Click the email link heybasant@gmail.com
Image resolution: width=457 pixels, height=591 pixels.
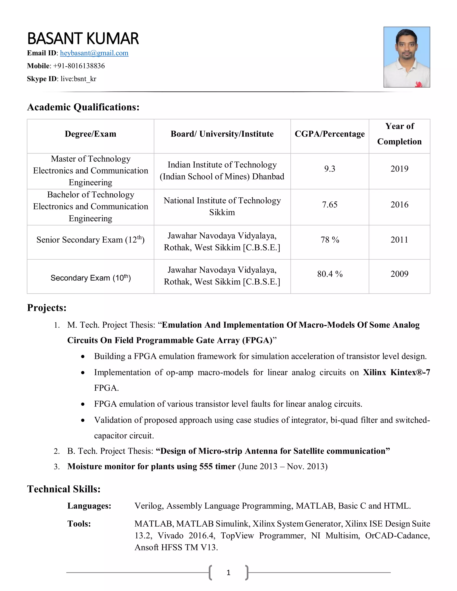click(94, 53)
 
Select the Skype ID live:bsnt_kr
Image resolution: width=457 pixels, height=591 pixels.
click(78, 79)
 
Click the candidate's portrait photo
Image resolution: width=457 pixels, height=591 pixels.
click(406, 57)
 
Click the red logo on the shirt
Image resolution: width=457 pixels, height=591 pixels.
click(419, 84)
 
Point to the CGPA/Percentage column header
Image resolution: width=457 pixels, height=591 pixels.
click(330, 134)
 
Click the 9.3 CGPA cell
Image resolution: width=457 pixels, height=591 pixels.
click(330, 169)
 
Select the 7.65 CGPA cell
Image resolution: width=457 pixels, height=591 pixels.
click(330, 205)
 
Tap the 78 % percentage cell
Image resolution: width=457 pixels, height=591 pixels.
click(330, 240)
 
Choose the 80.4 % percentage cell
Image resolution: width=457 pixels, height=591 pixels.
click(330, 274)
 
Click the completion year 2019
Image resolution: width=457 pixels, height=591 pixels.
click(399, 169)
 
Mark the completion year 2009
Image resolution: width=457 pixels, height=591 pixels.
click(399, 274)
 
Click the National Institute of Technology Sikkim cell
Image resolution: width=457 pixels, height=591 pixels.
click(222, 206)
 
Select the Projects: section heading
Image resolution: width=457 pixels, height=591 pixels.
click(47, 308)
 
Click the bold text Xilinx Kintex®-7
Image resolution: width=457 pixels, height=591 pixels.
click(396, 372)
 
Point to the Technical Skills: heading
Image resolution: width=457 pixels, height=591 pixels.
click(64, 489)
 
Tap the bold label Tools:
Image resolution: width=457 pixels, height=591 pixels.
click(79, 524)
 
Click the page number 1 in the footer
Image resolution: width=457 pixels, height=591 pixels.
click(228, 572)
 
